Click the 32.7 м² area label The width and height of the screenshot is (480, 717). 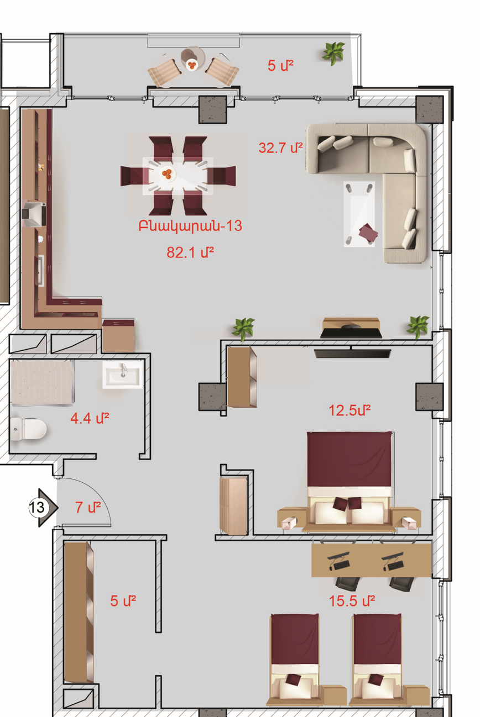(280, 147)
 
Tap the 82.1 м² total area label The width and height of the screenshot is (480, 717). (190, 252)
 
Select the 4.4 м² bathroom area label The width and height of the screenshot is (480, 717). (90, 418)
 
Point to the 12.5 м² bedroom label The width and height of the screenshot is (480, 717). (349, 410)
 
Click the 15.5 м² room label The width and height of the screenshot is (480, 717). (352, 601)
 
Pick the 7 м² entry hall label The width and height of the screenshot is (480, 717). (88, 507)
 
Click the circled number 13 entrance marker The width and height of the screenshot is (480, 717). (37, 507)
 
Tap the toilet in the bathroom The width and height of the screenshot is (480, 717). (28, 429)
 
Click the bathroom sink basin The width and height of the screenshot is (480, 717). (123, 375)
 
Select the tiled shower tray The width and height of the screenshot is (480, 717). (41, 383)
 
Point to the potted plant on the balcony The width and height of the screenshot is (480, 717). (333, 53)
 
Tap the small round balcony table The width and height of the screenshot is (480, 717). (192, 61)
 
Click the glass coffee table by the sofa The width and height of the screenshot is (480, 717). (359, 214)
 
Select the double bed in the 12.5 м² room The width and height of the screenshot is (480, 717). (349, 482)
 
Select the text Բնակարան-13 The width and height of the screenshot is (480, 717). (190, 226)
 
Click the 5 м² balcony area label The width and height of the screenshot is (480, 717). (280, 66)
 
